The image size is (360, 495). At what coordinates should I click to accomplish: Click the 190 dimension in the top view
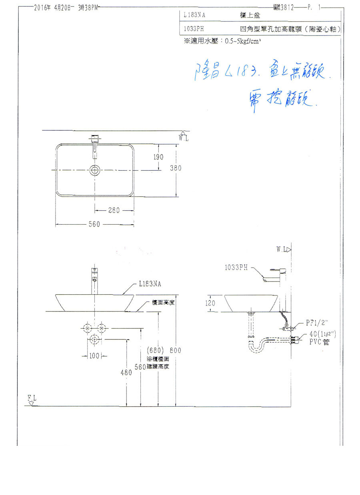158,157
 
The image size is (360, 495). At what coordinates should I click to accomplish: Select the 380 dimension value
175,168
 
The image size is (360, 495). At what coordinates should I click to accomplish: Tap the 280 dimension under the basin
114,210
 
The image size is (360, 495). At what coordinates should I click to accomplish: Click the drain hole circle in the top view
95,170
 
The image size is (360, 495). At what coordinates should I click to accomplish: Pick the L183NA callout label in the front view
150,284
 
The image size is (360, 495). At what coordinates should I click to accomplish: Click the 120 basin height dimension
210,303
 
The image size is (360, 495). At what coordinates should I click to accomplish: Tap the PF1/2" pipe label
316,322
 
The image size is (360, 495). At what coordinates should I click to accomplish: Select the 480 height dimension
126,373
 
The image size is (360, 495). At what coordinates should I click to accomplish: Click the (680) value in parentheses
154,351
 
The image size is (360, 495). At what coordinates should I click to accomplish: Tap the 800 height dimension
176,351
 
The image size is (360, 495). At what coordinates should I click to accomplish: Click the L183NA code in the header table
195,14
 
